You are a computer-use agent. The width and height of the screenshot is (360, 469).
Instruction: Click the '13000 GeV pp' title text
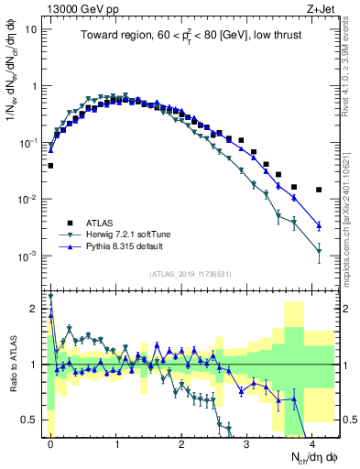(x=82, y=9)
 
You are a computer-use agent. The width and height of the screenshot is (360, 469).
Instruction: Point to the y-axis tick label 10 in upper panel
(x=30, y=28)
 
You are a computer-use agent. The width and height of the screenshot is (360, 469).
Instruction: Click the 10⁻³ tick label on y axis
(x=28, y=256)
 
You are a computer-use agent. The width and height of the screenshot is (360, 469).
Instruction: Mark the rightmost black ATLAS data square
(x=319, y=190)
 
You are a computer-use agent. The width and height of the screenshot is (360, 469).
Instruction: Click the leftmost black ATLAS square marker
(x=50, y=166)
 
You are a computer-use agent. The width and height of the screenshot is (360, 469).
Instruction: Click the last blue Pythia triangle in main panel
(x=319, y=225)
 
